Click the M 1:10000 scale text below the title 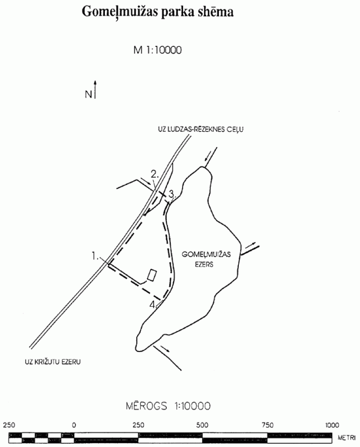(x=157, y=50)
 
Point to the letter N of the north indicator (x=88, y=94)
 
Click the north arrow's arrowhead (x=95, y=83)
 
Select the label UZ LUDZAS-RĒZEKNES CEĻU (x=201, y=130)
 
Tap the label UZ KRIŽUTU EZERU (x=52, y=362)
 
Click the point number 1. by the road (x=95, y=256)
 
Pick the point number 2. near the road (x=155, y=174)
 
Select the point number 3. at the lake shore (x=171, y=194)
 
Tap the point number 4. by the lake (x=153, y=305)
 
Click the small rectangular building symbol (x=152, y=275)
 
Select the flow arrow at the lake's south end (x=165, y=349)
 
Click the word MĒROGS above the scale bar (x=146, y=406)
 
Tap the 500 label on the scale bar (x=202, y=425)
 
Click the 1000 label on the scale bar (x=332, y=425)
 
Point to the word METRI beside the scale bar (x=347, y=438)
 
